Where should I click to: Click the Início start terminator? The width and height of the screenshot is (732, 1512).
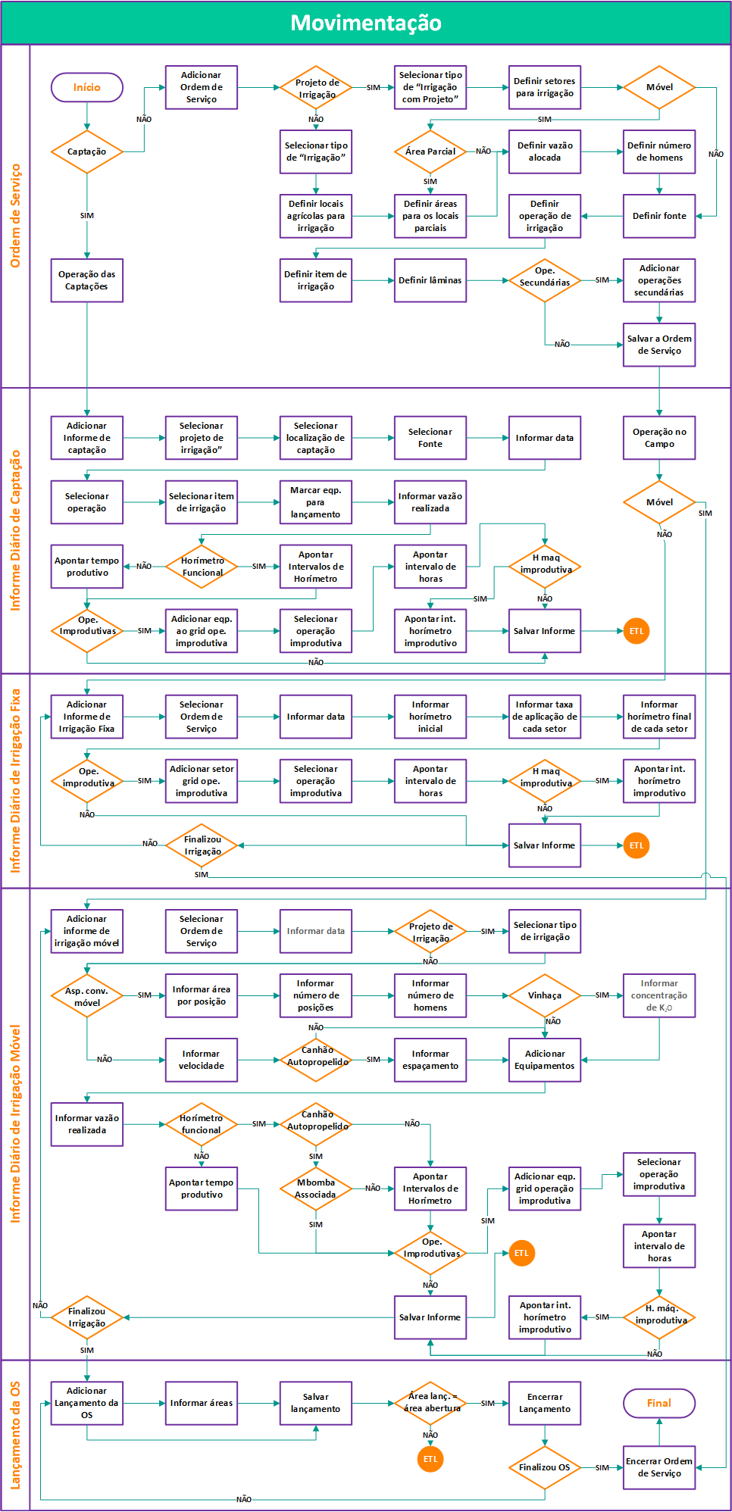pyautogui.click(x=86, y=87)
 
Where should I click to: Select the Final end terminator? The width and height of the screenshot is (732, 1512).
pyautogui.click(x=658, y=1403)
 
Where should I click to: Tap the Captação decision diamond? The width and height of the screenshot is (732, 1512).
pyautogui.click(x=86, y=152)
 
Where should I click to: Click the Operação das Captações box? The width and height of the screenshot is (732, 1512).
pyautogui.click(x=86, y=280)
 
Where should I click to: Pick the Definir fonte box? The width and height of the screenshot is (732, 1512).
pyautogui.click(x=658, y=216)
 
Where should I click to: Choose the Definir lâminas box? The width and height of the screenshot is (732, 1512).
pyautogui.click(x=430, y=280)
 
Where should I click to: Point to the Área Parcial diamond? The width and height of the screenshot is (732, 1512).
pyautogui.click(x=430, y=152)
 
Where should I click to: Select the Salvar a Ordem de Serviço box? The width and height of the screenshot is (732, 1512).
pyautogui.click(x=658, y=345)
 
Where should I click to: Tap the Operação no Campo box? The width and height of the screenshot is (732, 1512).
pyautogui.click(x=658, y=438)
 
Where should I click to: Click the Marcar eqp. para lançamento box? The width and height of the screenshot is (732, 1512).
pyautogui.click(x=315, y=502)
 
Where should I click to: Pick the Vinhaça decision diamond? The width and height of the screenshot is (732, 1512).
pyautogui.click(x=544, y=995)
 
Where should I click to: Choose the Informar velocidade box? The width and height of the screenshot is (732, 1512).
pyautogui.click(x=201, y=1060)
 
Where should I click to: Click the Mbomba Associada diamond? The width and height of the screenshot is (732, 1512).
pyautogui.click(x=315, y=1189)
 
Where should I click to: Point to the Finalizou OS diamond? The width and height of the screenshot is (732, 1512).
pyautogui.click(x=544, y=1467)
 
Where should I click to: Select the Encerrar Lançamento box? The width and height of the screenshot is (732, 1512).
pyautogui.click(x=544, y=1403)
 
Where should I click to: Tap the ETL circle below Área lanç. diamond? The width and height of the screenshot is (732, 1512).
pyautogui.click(x=430, y=1459)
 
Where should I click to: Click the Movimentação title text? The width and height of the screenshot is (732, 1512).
pyautogui.click(x=366, y=23)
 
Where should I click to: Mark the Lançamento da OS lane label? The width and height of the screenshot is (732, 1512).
pyautogui.click(x=15, y=1435)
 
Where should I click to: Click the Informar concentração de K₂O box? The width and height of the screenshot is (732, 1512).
pyautogui.click(x=658, y=995)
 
